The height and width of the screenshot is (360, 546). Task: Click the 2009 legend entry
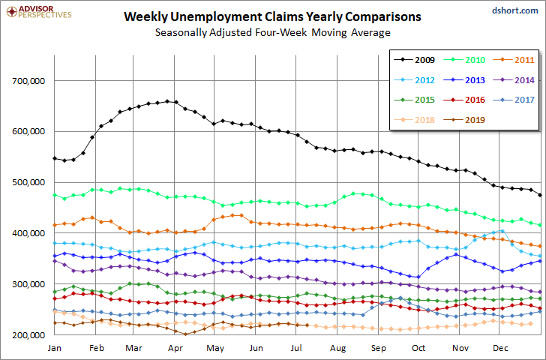coord(414,60)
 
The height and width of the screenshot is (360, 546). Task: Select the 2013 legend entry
coord(464,80)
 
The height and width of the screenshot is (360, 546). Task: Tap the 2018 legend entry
coord(414,120)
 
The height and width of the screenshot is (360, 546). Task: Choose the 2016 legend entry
coord(464,100)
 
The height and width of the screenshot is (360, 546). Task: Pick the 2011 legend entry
coord(514,60)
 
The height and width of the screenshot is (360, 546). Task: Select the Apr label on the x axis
coord(175,348)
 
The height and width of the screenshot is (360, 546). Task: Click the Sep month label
coord(379,348)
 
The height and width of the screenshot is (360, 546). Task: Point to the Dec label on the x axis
coord(500,348)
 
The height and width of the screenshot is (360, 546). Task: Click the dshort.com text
coord(515,10)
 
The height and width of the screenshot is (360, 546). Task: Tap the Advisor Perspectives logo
coord(39,11)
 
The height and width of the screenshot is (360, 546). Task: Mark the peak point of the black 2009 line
coord(167,101)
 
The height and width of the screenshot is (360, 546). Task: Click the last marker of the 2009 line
coord(540,195)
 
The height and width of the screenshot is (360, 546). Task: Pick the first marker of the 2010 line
coord(55,195)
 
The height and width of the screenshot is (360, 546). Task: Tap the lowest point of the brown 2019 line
coord(185,334)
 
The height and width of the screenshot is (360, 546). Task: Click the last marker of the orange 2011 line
coord(540,246)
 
